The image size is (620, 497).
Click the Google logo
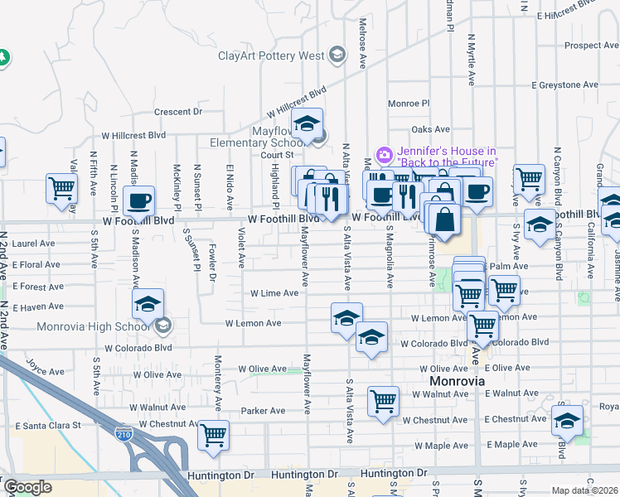tap(27, 487)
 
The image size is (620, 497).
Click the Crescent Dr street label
tap(178, 111)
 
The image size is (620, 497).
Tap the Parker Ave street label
tap(263, 410)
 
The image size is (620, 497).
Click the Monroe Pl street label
tap(409, 104)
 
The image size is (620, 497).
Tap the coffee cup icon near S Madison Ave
tap(138, 200)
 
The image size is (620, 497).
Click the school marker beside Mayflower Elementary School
tap(308, 126)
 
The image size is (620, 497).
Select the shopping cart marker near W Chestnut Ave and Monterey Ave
tap(214, 434)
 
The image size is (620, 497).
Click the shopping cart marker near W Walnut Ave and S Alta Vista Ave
tap(383, 402)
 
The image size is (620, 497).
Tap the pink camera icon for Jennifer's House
tap(384, 154)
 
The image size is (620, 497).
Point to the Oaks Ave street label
tap(430, 129)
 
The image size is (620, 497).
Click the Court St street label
tap(278, 155)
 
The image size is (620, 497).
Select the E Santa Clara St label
tap(47, 425)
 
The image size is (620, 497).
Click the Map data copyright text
tap(585, 490)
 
